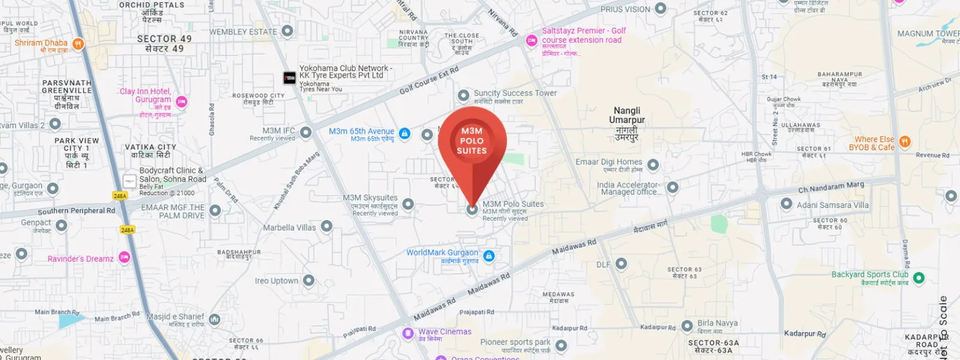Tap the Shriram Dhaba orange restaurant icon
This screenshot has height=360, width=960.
(78, 44)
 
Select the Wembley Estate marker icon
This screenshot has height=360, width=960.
(287, 31)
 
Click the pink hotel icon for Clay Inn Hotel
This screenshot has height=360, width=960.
(182, 102)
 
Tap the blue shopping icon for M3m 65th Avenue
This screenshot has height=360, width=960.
(404, 133)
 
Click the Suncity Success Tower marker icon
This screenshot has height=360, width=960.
(463, 95)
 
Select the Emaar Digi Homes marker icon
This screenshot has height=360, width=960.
(653, 164)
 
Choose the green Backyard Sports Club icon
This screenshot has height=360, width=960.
(919, 278)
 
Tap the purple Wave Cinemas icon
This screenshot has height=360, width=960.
(408, 333)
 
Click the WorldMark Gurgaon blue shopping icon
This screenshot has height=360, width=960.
(489, 256)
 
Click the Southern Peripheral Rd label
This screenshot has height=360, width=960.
(76, 211)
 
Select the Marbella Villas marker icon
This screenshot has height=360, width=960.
(326, 226)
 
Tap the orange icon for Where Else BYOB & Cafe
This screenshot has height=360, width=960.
(905, 142)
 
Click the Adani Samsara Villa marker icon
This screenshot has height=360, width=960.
(787, 204)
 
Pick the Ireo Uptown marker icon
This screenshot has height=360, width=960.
(308, 280)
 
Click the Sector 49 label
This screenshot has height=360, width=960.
(164, 43)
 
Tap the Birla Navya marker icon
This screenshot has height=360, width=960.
(687, 327)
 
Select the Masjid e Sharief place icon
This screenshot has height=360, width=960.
(215, 319)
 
